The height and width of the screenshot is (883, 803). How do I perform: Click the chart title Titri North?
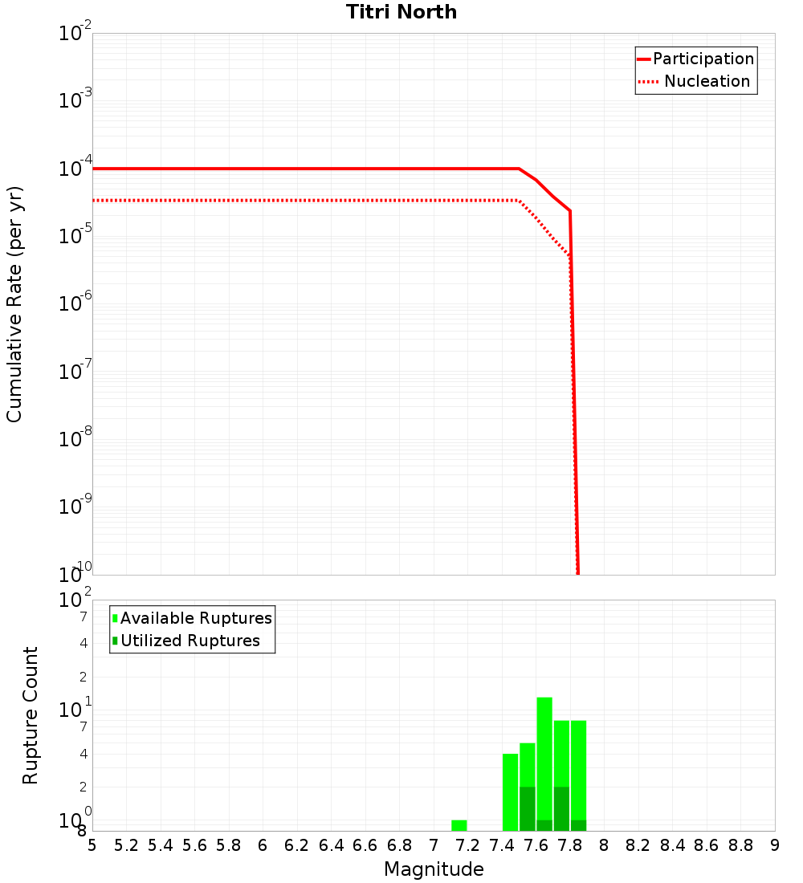click(x=401, y=12)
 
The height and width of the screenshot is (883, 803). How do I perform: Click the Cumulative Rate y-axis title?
click(x=14, y=303)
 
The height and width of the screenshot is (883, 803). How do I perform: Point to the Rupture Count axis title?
click(x=31, y=714)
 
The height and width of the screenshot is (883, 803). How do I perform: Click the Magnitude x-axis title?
click(x=434, y=869)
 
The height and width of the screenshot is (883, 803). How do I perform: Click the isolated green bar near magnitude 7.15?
click(x=459, y=825)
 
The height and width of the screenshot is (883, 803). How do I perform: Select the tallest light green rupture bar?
click(x=544, y=755)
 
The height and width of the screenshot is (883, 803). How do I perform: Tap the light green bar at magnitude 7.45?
click(x=510, y=791)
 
